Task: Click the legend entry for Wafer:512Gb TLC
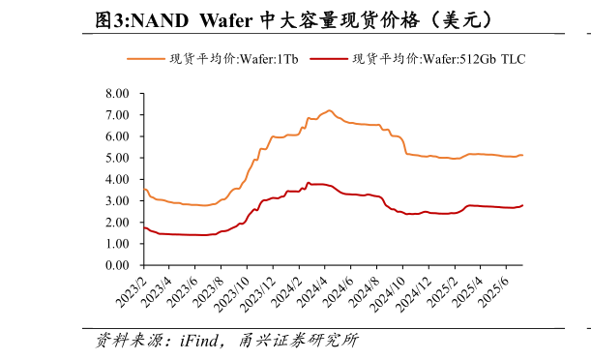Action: tap(439, 59)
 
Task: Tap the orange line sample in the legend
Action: tap(146, 59)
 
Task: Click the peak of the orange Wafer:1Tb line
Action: tap(329, 110)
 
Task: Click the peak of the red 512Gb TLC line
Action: tap(309, 182)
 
